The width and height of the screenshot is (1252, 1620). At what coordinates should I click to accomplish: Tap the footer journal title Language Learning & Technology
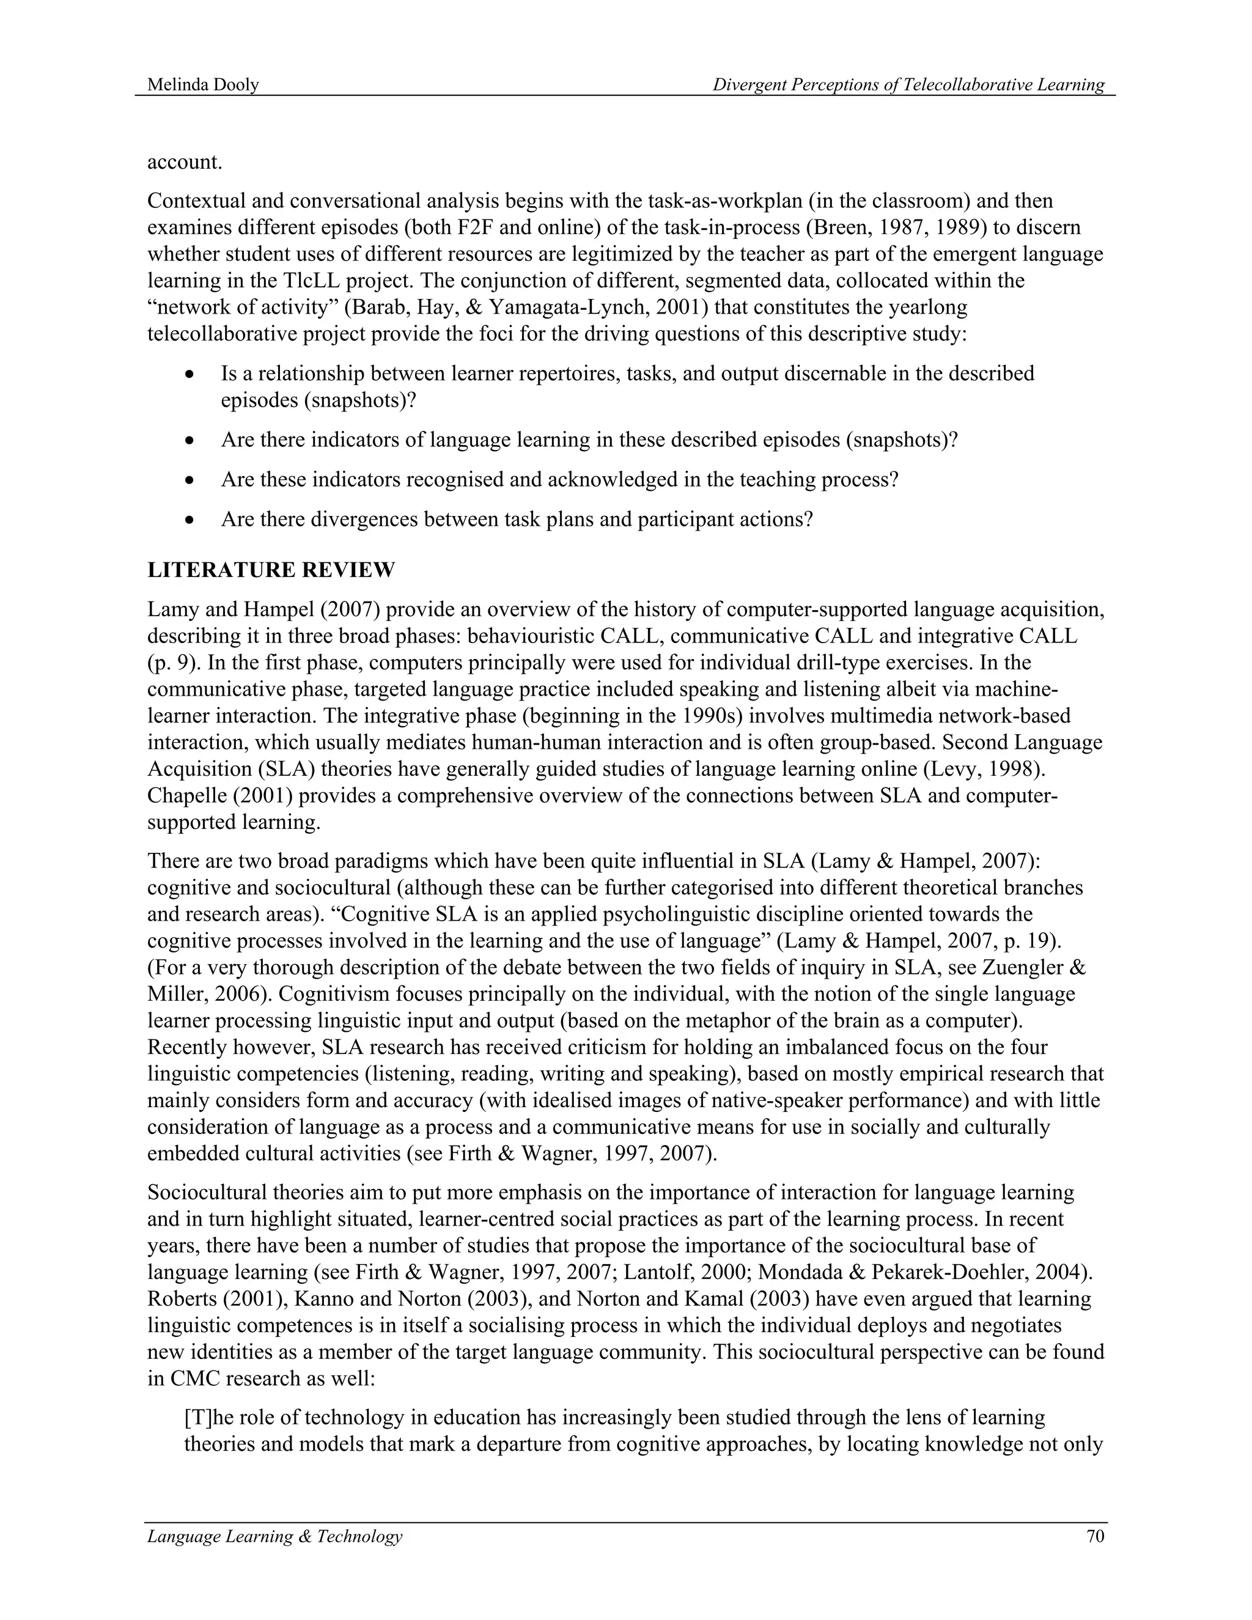(x=274, y=1536)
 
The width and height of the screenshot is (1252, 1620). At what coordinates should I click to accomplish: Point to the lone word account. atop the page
(x=185, y=162)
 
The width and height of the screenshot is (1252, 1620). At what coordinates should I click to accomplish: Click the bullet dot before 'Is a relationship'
(x=191, y=375)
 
